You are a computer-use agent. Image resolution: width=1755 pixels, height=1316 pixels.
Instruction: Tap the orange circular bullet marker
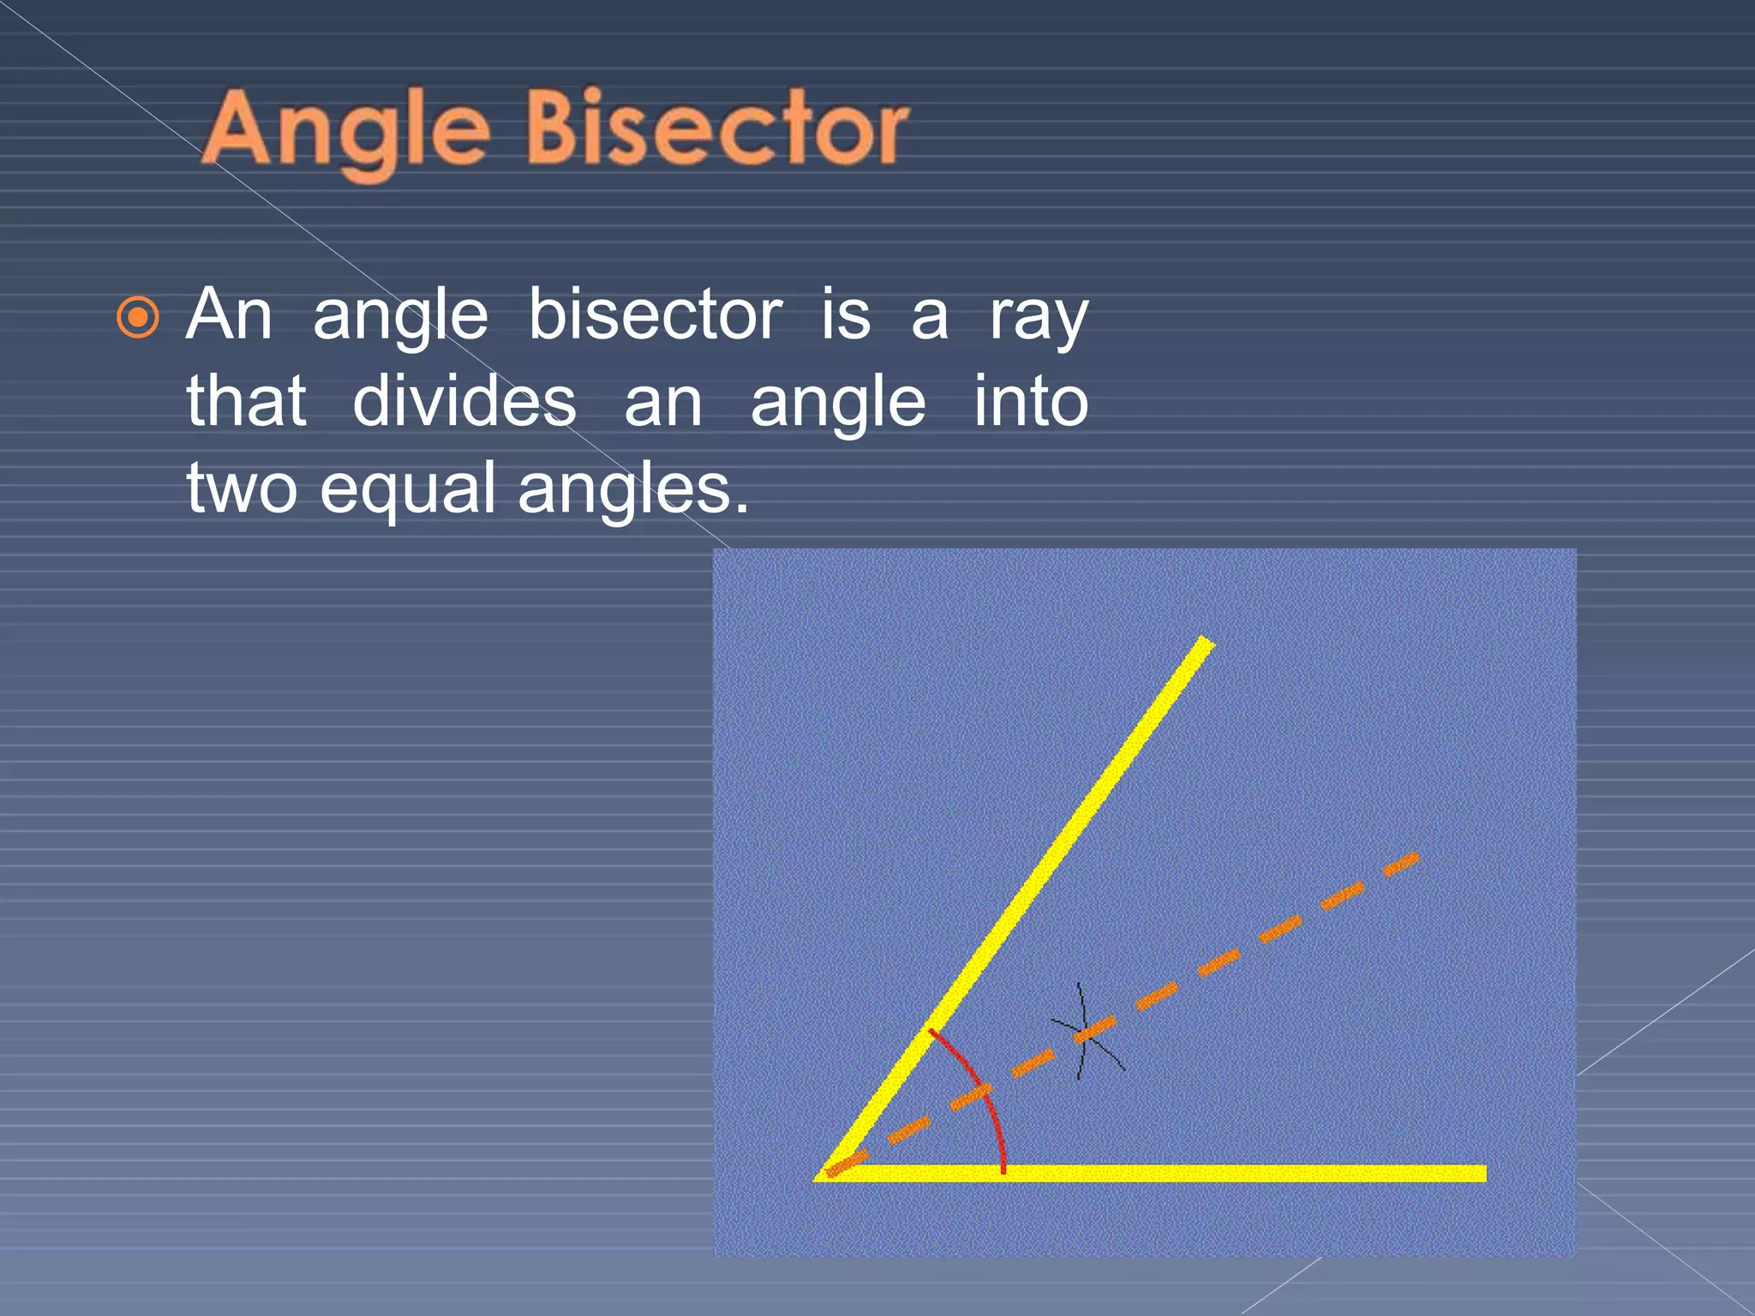137,318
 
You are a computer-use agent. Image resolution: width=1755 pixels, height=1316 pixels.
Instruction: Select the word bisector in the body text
655,314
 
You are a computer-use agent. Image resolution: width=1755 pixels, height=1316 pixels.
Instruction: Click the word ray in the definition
1039,319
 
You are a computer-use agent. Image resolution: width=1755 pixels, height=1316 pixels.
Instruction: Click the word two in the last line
242,488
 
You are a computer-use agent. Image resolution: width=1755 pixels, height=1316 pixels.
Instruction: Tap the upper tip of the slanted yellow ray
1205,643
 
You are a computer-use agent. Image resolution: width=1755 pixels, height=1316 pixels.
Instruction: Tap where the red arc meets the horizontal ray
1003,1169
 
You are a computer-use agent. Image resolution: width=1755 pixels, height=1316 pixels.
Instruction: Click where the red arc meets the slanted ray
932,1032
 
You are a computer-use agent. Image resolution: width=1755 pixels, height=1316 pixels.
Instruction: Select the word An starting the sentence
229,314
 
